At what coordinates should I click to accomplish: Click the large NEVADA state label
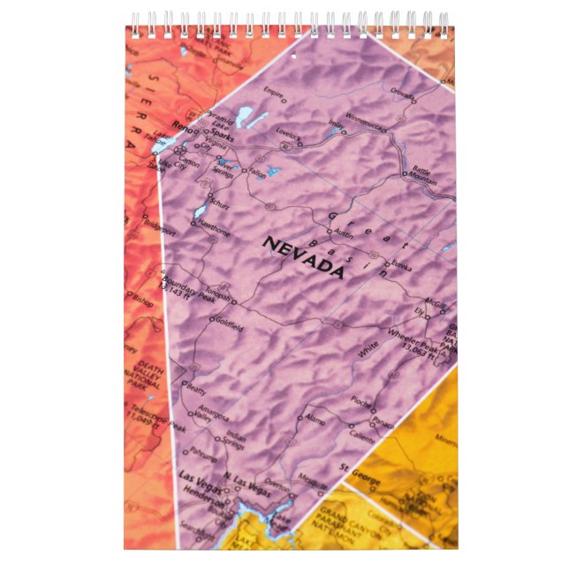303,257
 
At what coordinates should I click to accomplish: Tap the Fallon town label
257,171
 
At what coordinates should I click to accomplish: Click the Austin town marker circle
330,233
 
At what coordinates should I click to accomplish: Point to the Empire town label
274,91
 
